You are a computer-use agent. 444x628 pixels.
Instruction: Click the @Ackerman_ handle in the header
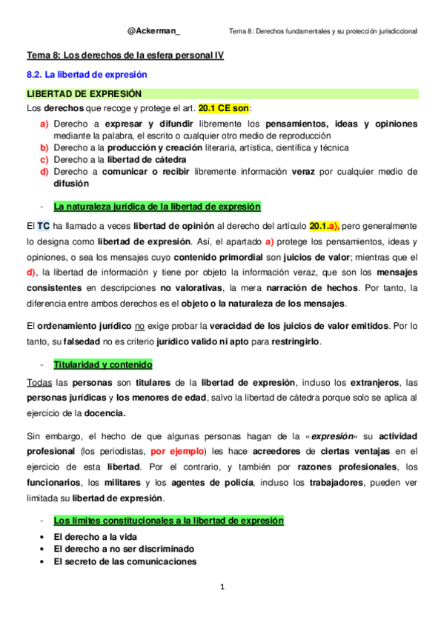point(153,30)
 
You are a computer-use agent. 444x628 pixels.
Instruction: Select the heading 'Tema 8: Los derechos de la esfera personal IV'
point(125,56)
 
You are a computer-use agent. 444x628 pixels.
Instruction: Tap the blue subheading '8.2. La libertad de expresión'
point(87,75)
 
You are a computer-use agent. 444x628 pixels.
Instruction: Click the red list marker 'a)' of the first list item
point(44,124)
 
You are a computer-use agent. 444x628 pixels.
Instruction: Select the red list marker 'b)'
point(44,147)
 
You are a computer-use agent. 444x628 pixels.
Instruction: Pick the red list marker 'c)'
point(44,159)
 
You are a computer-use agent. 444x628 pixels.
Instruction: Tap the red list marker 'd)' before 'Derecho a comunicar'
point(44,171)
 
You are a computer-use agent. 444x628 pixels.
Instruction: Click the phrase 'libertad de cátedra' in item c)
point(147,159)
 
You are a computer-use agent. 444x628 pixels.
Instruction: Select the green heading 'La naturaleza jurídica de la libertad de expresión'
point(156,207)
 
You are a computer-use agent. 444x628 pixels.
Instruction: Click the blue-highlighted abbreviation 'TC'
point(44,225)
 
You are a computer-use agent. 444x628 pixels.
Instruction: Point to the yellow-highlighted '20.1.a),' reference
point(324,225)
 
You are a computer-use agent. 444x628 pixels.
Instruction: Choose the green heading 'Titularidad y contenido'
point(102,364)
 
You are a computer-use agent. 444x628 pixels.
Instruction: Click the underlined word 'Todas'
point(39,382)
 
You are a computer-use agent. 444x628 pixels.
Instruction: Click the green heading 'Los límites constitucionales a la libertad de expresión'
point(168,521)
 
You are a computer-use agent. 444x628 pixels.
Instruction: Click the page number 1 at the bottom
point(222,587)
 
